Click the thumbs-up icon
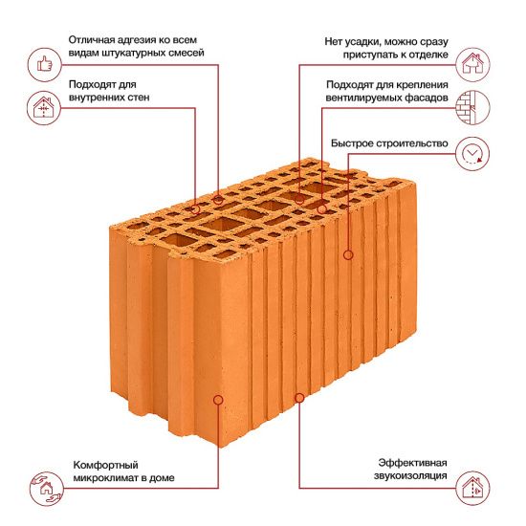pyautogui.click(x=45, y=64)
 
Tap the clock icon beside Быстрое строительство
pyautogui.click(x=472, y=154)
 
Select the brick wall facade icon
pyautogui.click(x=472, y=107)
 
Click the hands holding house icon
pyautogui.click(x=46, y=489)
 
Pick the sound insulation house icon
pyautogui.click(x=473, y=488)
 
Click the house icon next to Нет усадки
pyautogui.click(x=472, y=65)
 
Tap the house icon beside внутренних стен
pyautogui.click(x=44, y=108)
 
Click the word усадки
pyautogui.click(x=364, y=42)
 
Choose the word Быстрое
pyautogui.click(x=352, y=143)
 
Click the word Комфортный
pyautogui.click(x=105, y=466)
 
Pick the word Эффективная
pyautogui.click(x=412, y=463)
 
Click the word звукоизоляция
pyautogui.click(x=410, y=475)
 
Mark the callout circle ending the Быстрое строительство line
pyautogui.click(x=348, y=255)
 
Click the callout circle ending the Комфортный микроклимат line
pyautogui.click(x=218, y=400)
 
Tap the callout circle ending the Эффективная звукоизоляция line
pyautogui.click(x=299, y=398)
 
